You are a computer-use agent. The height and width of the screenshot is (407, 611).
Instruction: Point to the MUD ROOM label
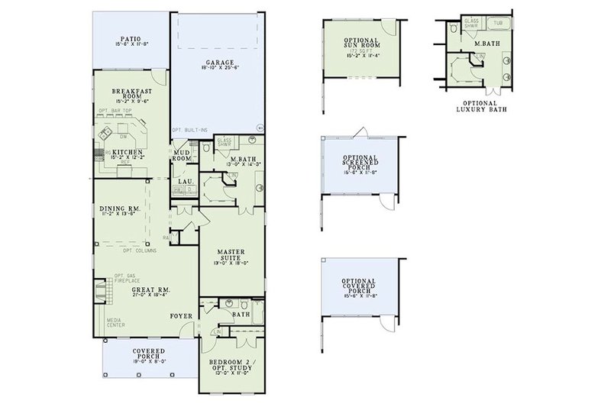coord(182,155)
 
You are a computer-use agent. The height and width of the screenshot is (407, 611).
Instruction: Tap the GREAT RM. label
coord(150,291)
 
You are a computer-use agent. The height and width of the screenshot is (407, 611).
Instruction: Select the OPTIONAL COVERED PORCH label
coord(357,286)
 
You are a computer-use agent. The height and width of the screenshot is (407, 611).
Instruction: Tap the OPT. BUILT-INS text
coord(190,130)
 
